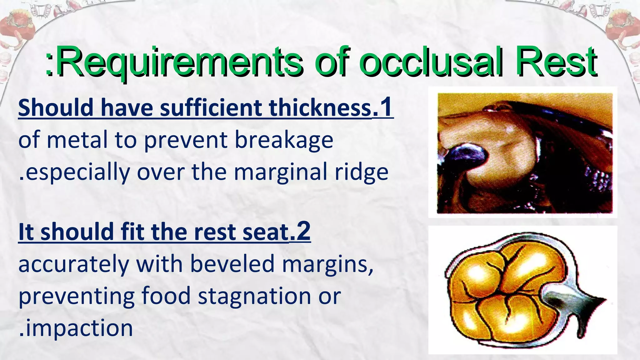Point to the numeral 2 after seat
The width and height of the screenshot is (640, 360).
point(303,231)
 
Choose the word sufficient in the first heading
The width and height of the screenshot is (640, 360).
point(211,108)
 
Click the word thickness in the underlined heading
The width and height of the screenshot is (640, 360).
point(320,108)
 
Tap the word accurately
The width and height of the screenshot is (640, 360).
point(74,264)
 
